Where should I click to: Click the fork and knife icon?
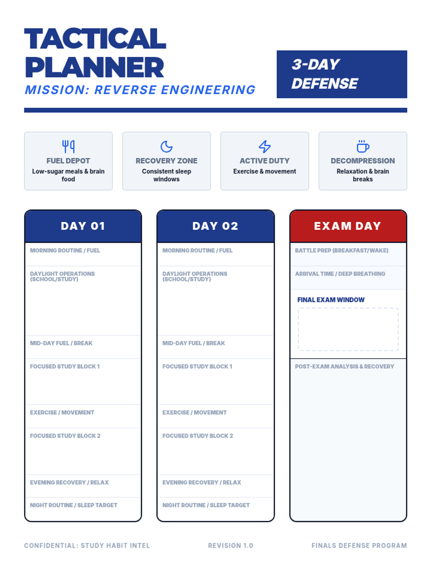click(x=68, y=146)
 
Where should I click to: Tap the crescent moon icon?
click(x=166, y=146)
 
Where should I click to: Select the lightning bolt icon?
click(x=265, y=146)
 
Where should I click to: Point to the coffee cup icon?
click(x=363, y=146)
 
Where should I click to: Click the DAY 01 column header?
click(x=83, y=226)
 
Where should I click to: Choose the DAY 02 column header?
click(x=215, y=226)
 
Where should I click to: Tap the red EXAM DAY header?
click(x=348, y=226)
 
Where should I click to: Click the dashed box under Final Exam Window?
click(x=348, y=329)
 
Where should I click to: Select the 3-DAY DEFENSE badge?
click(x=342, y=74)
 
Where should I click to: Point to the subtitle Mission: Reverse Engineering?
click(x=140, y=90)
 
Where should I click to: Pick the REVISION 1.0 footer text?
click(x=231, y=546)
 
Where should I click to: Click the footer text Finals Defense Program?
click(x=359, y=546)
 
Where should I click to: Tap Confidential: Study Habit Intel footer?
click(x=87, y=546)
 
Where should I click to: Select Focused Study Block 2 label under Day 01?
click(x=65, y=436)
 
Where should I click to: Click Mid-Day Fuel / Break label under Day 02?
click(x=194, y=343)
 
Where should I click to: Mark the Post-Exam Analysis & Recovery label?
click(x=344, y=367)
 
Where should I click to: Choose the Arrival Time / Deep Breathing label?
click(x=340, y=274)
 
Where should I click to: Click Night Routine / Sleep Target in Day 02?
click(x=206, y=505)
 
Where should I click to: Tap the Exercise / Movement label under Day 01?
click(x=62, y=413)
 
